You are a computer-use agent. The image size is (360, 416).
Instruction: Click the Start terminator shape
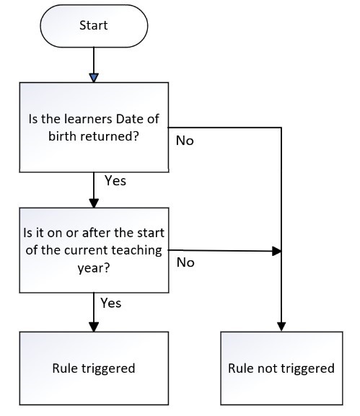[x=95, y=26]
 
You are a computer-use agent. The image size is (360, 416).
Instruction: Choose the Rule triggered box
[x=95, y=368]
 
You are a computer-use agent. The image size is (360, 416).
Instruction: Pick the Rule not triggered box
[x=281, y=368]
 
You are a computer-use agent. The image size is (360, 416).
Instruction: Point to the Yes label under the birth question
[x=115, y=181]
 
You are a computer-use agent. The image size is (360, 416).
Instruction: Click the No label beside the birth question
[x=185, y=140]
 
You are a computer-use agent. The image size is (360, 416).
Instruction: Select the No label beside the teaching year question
[x=185, y=262]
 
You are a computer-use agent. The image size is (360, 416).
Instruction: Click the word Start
[x=95, y=26]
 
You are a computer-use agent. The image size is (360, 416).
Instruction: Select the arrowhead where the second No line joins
[x=276, y=252]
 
